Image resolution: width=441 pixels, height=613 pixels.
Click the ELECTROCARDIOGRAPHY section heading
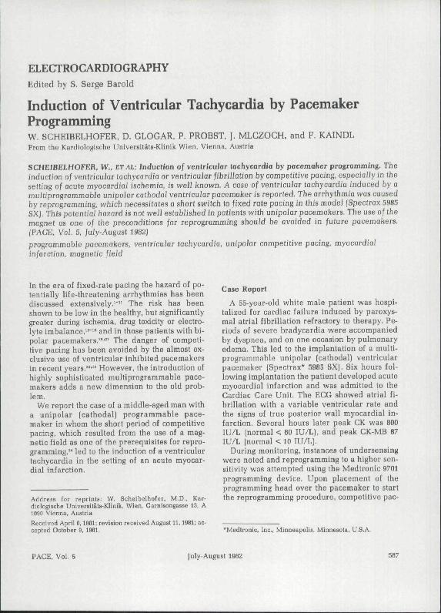tap(97, 68)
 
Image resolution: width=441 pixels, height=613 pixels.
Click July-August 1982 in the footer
tap(220, 576)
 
